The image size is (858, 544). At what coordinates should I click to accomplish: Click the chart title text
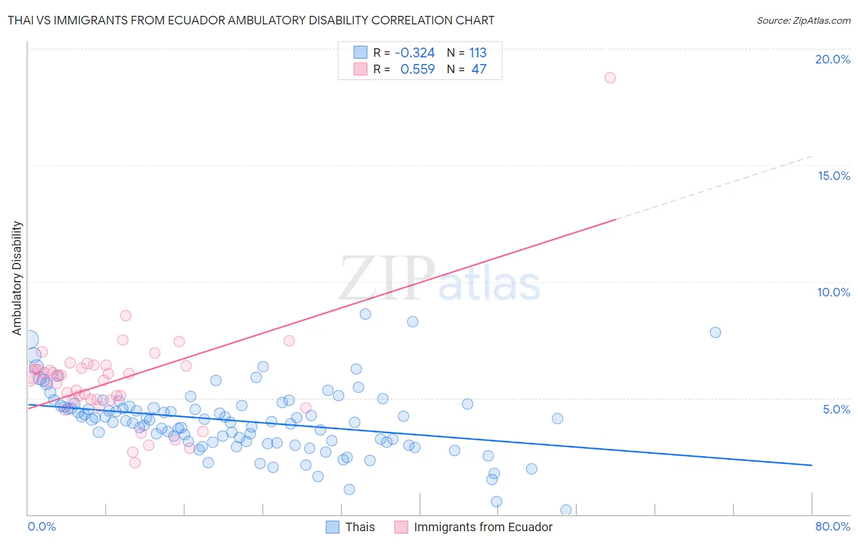[251, 21]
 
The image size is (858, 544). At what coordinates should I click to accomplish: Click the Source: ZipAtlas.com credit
[803, 21]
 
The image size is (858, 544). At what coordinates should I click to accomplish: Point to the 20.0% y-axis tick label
[832, 59]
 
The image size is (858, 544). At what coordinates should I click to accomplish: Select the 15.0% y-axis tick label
[834, 176]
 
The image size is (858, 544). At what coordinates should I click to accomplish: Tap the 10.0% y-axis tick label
[834, 292]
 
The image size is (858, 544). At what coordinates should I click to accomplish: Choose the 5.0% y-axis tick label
[836, 409]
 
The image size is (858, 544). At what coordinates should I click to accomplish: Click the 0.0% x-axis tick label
[41, 526]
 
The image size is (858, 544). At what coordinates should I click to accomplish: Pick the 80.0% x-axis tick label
[832, 526]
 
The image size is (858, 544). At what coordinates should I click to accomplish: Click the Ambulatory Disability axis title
[17, 277]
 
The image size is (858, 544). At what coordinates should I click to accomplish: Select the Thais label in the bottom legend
[360, 527]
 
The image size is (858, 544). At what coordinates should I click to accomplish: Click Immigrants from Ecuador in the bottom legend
[483, 527]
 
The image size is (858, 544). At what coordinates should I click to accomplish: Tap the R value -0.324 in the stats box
[415, 53]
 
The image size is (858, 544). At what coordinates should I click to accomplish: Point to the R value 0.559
[417, 70]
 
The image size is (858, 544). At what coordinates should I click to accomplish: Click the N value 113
[478, 53]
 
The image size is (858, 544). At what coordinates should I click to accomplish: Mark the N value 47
[479, 70]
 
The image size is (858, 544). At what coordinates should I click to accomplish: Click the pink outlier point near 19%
[610, 77]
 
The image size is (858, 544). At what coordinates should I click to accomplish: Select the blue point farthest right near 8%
[715, 332]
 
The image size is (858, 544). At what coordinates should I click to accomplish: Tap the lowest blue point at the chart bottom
[566, 510]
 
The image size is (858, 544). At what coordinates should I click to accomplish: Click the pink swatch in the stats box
[361, 69]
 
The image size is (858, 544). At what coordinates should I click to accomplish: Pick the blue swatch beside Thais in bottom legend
[333, 527]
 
